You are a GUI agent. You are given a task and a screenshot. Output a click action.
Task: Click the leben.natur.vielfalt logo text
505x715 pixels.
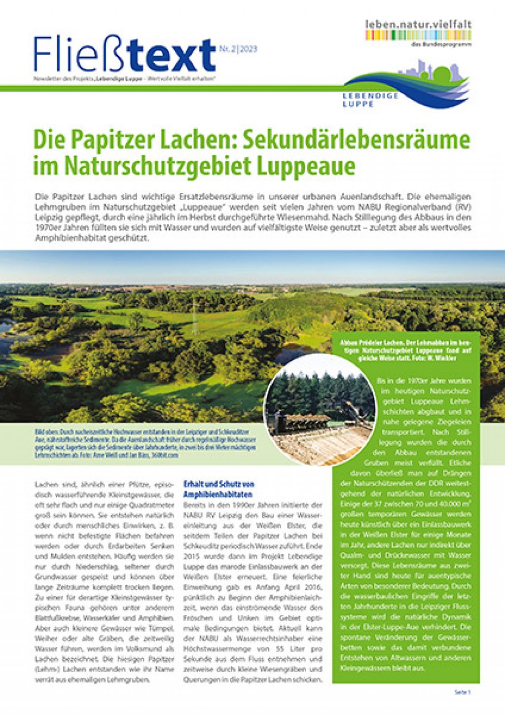(418, 24)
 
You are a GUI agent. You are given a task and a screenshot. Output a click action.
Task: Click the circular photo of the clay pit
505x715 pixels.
(320, 409)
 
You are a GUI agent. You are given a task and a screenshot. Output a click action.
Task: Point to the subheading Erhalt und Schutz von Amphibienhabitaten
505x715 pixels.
(218, 489)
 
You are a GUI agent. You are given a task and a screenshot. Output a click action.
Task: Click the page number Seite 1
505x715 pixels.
(463, 692)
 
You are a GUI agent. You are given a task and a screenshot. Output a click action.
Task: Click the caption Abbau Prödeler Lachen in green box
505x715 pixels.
(405, 350)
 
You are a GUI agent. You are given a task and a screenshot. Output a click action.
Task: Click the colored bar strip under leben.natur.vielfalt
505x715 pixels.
(418, 35)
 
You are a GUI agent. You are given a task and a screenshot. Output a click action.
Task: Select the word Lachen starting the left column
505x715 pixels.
(45, 485)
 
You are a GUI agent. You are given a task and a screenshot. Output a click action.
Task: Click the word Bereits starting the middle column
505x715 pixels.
(194, 505)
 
